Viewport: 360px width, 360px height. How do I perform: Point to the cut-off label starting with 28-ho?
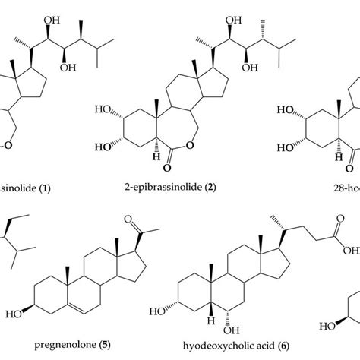click(x=345, y=185)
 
